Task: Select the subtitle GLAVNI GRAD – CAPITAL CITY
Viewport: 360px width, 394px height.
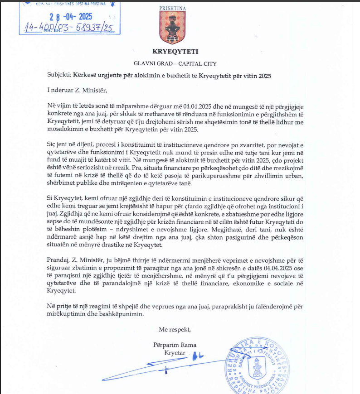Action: tap(175, 64)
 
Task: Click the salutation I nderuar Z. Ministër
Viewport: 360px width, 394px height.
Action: tap(76, 90)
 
